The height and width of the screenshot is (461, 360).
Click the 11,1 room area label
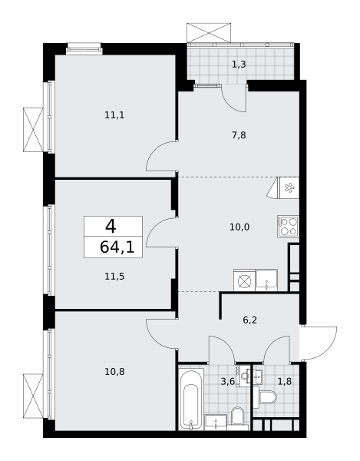pos(114,115)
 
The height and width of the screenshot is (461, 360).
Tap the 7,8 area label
pos(239,135)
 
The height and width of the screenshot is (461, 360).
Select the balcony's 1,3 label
pos(239,64)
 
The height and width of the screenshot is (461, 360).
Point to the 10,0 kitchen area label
pos(239,227)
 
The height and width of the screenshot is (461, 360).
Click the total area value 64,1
pos(117,247)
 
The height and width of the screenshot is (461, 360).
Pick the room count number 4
pos(111,227)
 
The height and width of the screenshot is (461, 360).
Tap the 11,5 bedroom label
pos(114,277)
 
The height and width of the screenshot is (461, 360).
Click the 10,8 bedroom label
pos(114,372)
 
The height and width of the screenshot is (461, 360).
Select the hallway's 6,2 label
pos(250,320)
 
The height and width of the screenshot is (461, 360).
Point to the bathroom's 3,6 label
pos(227,381)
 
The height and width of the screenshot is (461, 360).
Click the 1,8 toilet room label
pos(285,381)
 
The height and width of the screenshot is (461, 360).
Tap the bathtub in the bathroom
pos(191,398)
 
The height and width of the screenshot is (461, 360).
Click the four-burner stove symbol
pos(288,226)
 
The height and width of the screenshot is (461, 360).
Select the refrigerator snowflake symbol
pos(289,187)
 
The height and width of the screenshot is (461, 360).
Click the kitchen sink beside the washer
pos(266,280)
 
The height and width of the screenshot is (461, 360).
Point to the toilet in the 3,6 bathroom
pos(237,416)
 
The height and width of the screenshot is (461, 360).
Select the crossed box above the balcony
pos(209,32)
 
